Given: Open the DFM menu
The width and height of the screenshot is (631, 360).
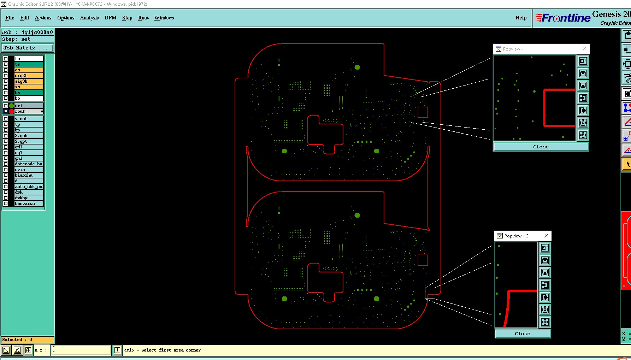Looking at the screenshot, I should pyautogui.click(x=110, y=18).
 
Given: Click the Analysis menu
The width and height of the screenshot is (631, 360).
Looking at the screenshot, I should pyautogui.click(x=89, y=18).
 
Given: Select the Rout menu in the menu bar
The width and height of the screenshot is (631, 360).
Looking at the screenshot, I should pyautogui.click(x=143, y=18).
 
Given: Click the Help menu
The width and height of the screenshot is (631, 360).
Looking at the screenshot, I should pyautogui.click(x=521, y=18).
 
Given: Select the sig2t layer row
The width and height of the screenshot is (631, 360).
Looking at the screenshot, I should pyautogui.click(x=29, y=76).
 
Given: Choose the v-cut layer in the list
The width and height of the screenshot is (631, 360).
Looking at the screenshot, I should pyautogui.click(x=29, y=119).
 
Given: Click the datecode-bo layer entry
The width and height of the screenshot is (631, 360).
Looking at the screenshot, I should pyautogui.click(x=29, y=164).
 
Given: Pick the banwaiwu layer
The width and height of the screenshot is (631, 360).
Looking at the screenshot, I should pyautogui.click(x=29, y=203).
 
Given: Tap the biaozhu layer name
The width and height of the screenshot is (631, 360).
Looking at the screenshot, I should pyautogui.click(x=29, y=175).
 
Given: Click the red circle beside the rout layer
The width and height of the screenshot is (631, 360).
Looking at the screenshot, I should pyautogui.click(x=11, y=111).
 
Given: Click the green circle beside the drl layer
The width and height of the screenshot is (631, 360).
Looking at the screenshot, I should pyautogui.click(x=11, y=106).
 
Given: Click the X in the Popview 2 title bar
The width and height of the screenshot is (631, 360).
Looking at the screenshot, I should pyautogui.click(x=546, y=236).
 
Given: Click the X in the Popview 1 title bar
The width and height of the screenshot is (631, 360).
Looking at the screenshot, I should pyautogui.click(x=584, y=49).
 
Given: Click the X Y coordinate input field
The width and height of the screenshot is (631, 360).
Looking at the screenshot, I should pyautogui.click(x=81, y=350).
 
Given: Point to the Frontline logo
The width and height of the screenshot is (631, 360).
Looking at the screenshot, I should pyautogui.click(x=562, y=18).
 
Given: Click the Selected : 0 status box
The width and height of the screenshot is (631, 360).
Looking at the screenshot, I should pyautogui.click(x=28, y=340).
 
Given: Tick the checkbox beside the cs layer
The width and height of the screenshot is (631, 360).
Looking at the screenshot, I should pyautogui.click(x=6, y=70).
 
